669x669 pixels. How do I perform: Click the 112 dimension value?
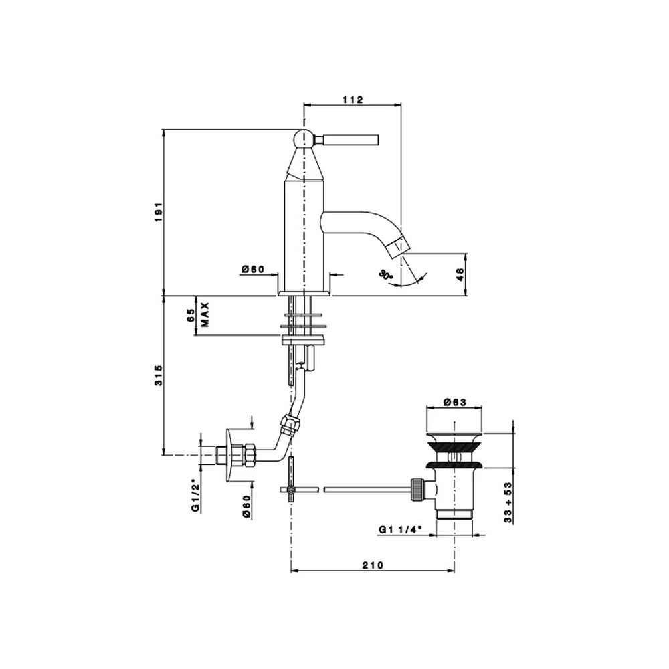[x=353, y=100]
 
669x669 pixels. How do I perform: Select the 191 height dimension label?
[x=159, y=212]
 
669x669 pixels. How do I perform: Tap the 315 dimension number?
[x=159, y=375]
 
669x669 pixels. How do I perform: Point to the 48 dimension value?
[x=460, y=274]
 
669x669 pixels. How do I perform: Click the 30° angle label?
[x=386, y=274]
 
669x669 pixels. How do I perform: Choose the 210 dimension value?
[x=373, y=565]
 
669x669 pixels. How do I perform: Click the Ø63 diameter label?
[x=455, y=402]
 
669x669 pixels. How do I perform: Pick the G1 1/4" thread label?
[x=400, y=529]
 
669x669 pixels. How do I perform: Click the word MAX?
[x=205, y=314]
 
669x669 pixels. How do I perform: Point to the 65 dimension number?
[x=191, y=315]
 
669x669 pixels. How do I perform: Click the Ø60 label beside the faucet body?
[x=253, y=269]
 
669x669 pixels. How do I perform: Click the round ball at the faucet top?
[x=304, y=139]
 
